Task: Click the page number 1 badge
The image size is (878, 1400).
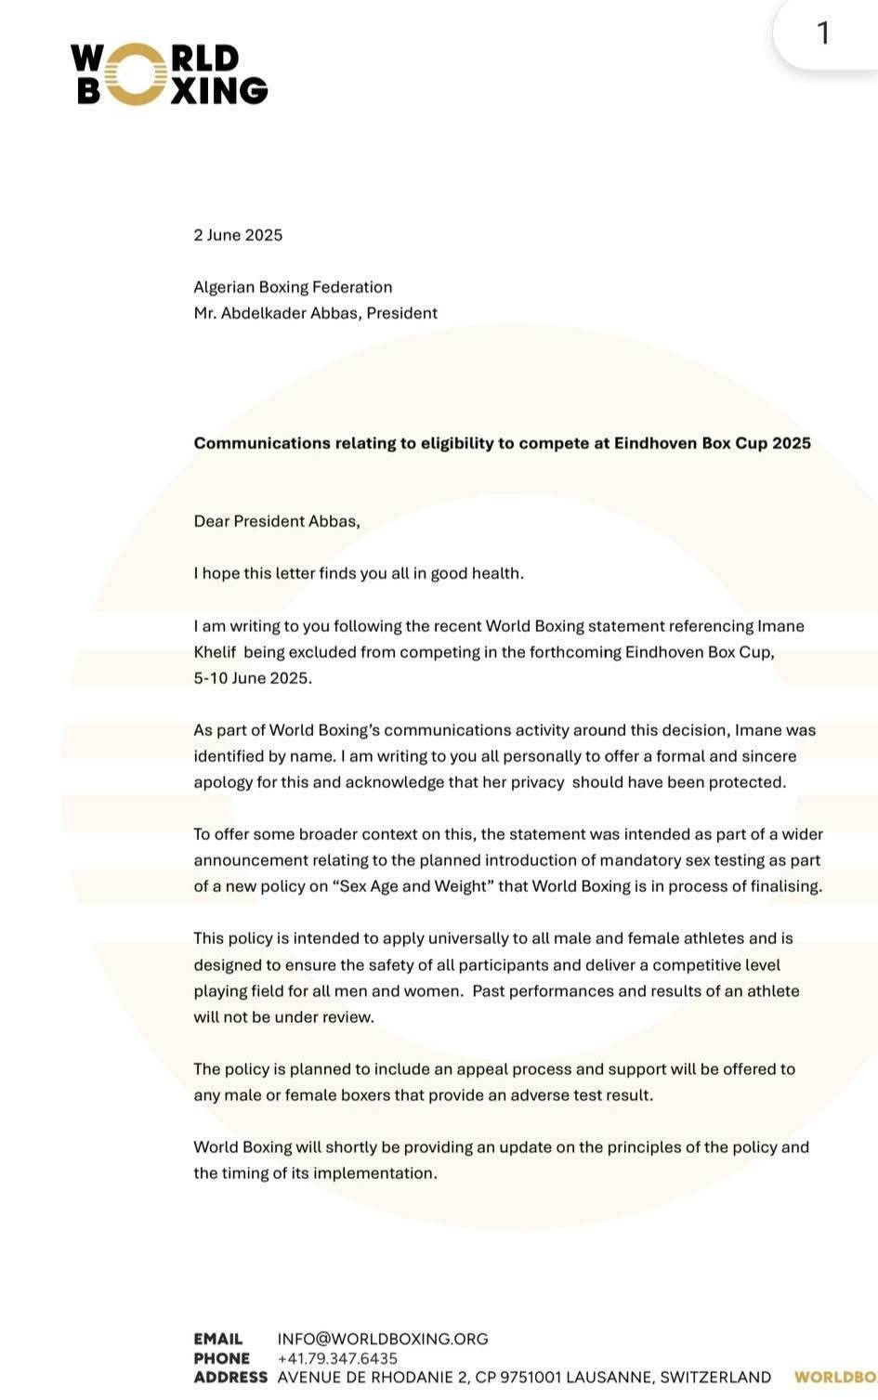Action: (x=822, y=33)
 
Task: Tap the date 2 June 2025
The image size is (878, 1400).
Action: (x=238, y=235)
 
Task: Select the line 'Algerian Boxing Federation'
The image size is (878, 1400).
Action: (x=293, y=287)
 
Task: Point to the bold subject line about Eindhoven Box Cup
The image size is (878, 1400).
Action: (x=502, y=443)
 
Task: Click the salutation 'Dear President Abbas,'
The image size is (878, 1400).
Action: (x=277, y=521)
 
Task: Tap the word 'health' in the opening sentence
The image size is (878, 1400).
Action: (x=498, y=573)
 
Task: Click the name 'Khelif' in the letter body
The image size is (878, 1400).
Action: (x=215, y=652)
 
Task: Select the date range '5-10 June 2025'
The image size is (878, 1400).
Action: (x=252, y=678)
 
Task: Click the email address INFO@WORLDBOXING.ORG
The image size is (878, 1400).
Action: (x=382, y=1339)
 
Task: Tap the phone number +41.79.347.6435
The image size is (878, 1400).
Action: (x=337, y=1358)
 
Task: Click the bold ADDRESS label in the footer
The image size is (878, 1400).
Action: (x=230, y=1378)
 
